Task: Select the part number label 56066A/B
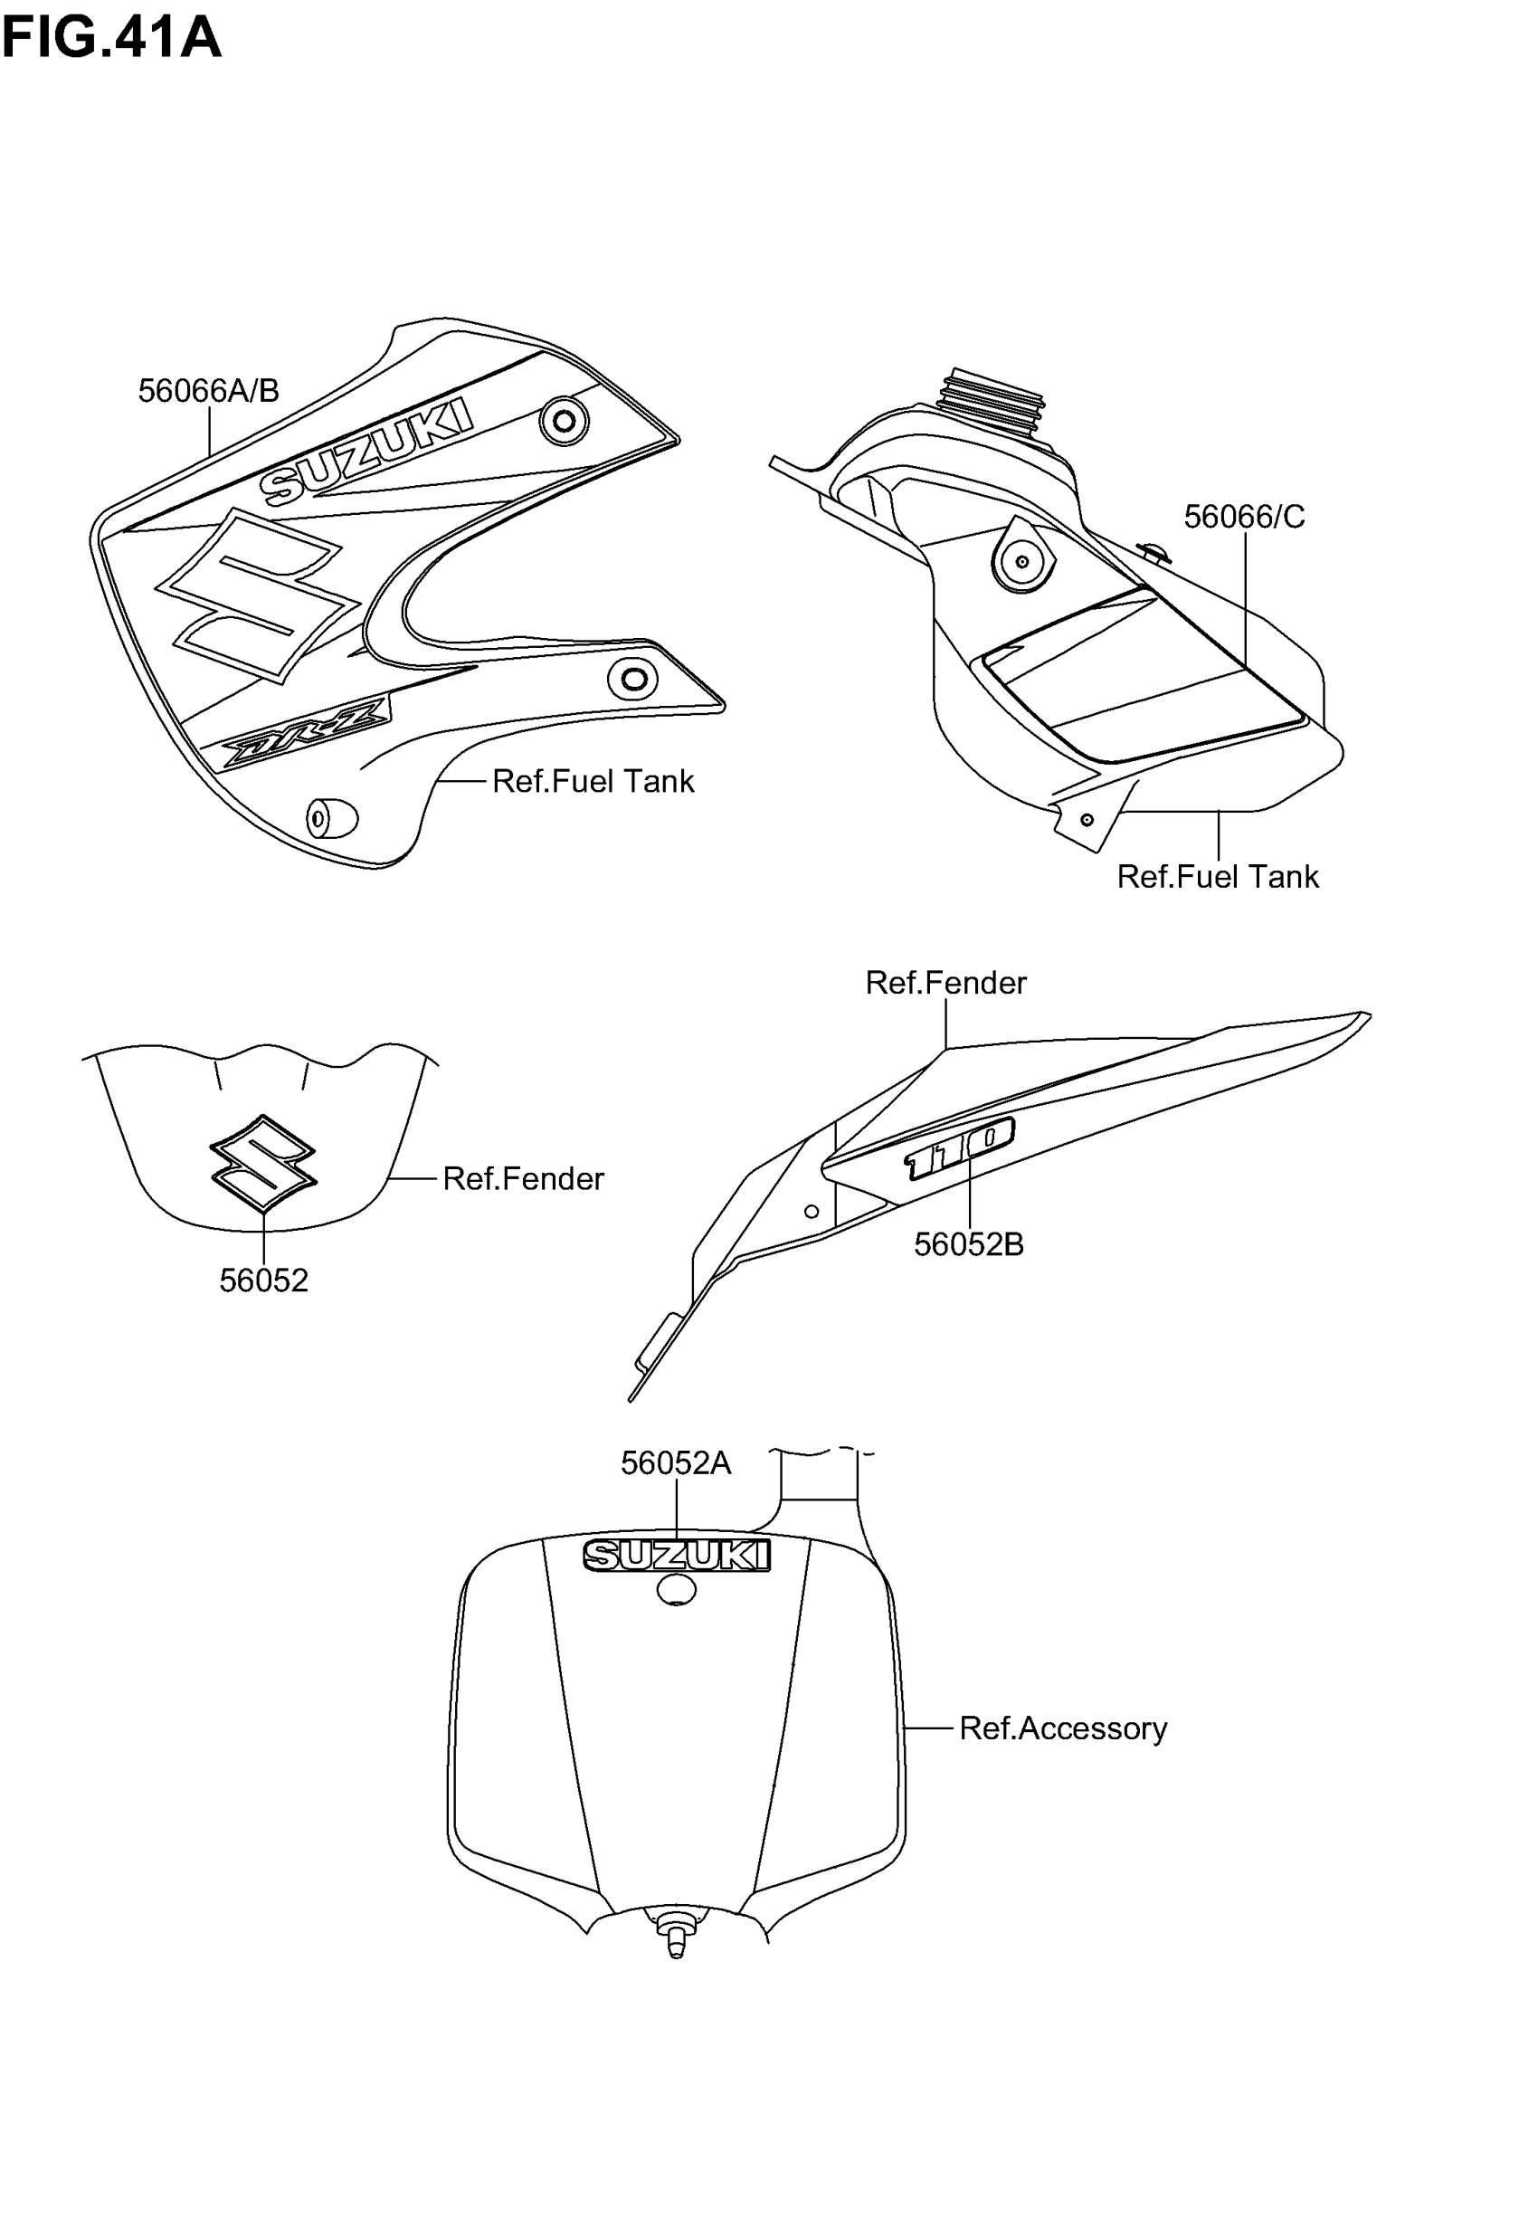click(x=208, y=391)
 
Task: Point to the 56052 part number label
click(x=263, y=1281)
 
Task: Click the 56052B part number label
click(x=967, y=1245)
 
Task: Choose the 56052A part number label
click(x=676, y=1464)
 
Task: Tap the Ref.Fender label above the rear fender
click(x=945, y=983)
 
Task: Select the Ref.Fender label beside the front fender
click(x=522, y=1178)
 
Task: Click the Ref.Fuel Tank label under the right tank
click(x=1217, y=877)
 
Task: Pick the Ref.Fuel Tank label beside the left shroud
click(x=593, y=782)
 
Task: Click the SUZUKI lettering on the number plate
click(x=677, y=1556)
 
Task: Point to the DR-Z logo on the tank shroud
click(x=307, y=733)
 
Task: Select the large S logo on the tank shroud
click(x=257, y=595)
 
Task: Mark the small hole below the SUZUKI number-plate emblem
click(x=677, y=1590)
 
